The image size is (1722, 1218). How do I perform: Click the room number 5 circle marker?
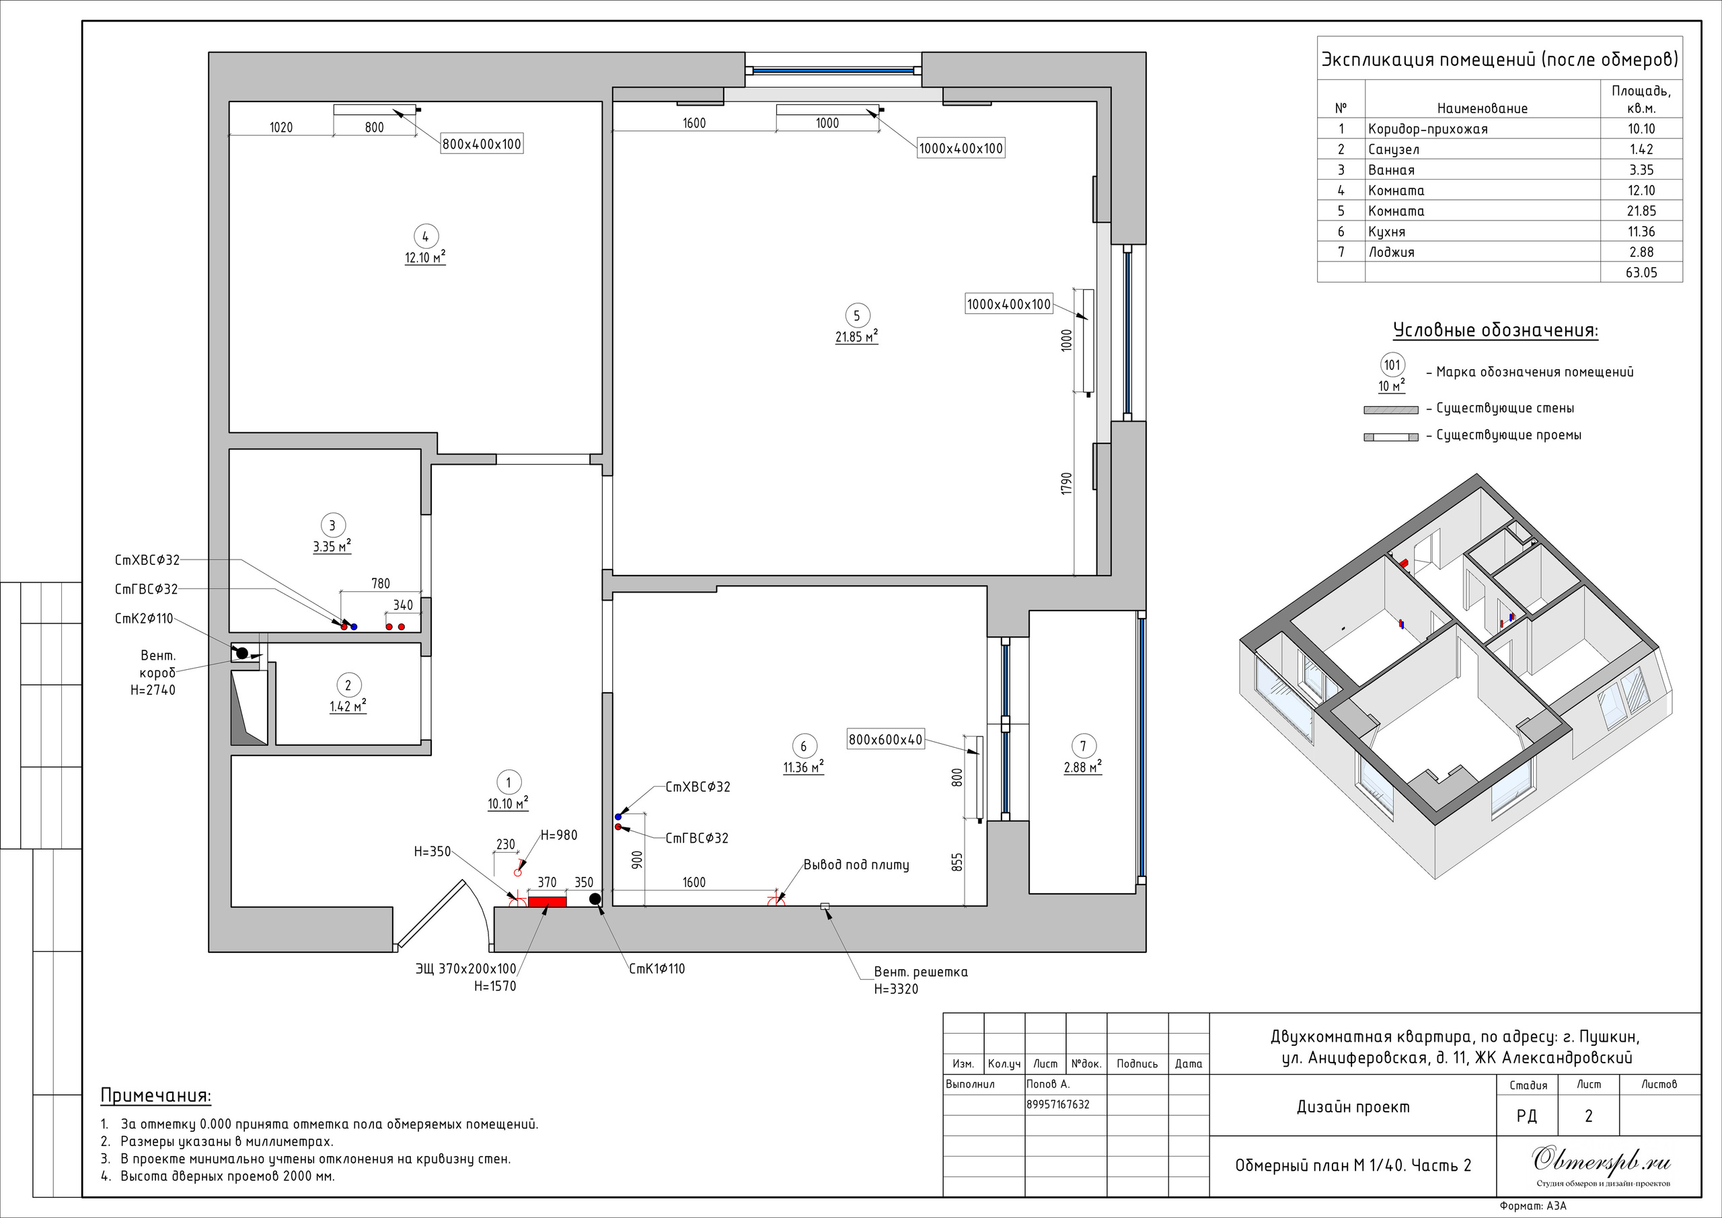pos(856,315)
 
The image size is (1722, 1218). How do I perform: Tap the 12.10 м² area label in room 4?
pos(425,257)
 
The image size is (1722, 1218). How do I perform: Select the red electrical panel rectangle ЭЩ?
pos(548,901)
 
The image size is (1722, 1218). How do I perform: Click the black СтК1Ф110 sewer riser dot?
pos(595,899)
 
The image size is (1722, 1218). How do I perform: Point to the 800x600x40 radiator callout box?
pos(886,740)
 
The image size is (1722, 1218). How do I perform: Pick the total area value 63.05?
pos(1642,272)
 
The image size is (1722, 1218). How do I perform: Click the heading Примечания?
pos(156,1096)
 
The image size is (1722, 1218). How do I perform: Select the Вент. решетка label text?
pos(921,972)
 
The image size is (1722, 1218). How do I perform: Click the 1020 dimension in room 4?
pos(281,128)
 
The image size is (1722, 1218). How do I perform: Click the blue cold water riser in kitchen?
pos(619,816)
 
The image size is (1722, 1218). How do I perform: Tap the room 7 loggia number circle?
pos(1083,747)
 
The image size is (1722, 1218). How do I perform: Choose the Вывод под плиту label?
pos(856,865)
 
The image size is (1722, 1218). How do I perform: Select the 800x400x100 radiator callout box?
pos(482,144)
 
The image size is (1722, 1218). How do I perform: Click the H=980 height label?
pos(559,835)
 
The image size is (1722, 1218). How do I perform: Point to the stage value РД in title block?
pos(1526,1116)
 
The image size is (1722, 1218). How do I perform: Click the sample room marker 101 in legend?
pos(1392,365)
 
